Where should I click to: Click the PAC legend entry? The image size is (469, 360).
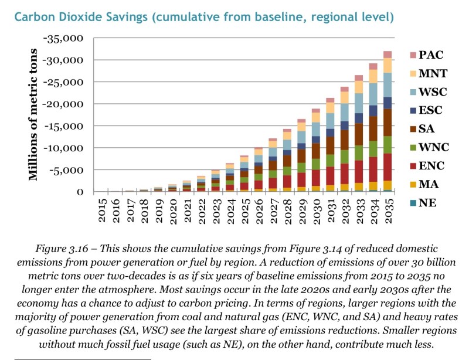(426, 55)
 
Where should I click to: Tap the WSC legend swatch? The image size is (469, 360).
(413, 91)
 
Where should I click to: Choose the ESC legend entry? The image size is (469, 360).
(427, 110)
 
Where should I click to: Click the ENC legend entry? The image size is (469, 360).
(427, 167)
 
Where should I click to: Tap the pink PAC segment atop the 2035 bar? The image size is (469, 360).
(388, 55)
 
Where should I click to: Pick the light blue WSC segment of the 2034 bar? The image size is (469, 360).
(373, 94)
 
